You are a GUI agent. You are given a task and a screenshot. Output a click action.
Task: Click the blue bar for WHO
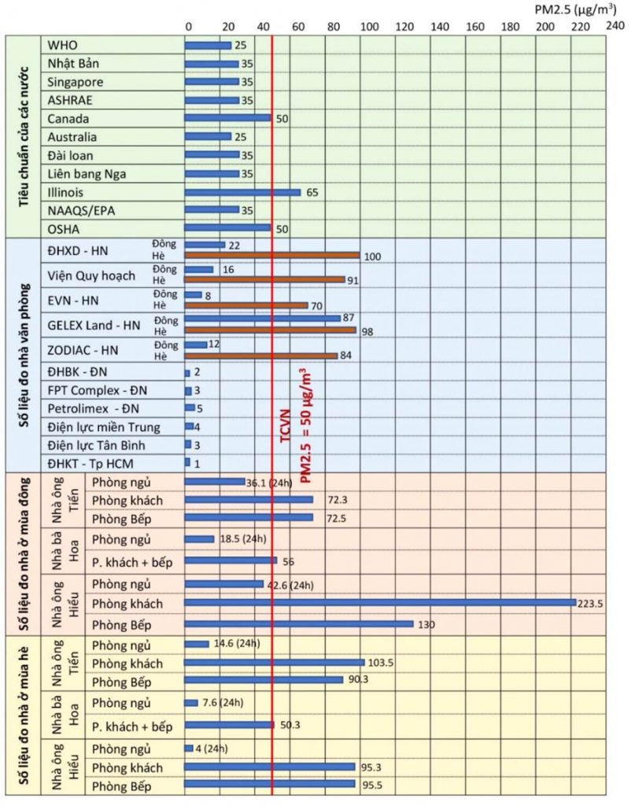pos(208,45)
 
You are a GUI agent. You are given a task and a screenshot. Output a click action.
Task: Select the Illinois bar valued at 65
pos(242,192)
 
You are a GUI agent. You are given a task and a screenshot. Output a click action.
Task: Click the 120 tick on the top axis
pos(404,26)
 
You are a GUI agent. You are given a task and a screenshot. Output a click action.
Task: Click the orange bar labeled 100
pos(272,255)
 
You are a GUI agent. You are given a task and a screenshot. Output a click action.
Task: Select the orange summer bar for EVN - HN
pos(246,305)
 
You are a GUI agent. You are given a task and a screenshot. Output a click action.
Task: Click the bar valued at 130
pos(299,624)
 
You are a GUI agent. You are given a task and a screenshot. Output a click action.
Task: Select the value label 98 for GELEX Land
pos(367,331)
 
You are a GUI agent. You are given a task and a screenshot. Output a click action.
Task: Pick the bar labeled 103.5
pos(275,662)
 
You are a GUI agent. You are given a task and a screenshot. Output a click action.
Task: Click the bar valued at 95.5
pos(270,784)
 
